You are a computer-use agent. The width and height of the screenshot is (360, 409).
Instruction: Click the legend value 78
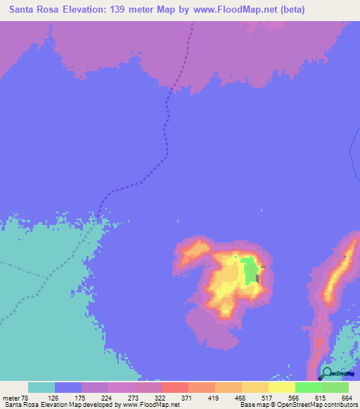[x=27, y=398]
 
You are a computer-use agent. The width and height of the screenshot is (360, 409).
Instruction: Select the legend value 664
[x=346, y=398]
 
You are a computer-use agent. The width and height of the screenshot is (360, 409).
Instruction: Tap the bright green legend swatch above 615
[x=308, y=387]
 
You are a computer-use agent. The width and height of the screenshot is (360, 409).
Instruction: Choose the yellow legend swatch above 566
[x=281, y=387]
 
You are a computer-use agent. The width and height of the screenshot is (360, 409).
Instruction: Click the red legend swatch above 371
[x=174, y=387]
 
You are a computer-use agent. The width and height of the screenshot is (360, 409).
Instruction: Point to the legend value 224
[x=106, y=398]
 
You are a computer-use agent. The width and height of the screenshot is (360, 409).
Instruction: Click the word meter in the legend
[x=12, y=398]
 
